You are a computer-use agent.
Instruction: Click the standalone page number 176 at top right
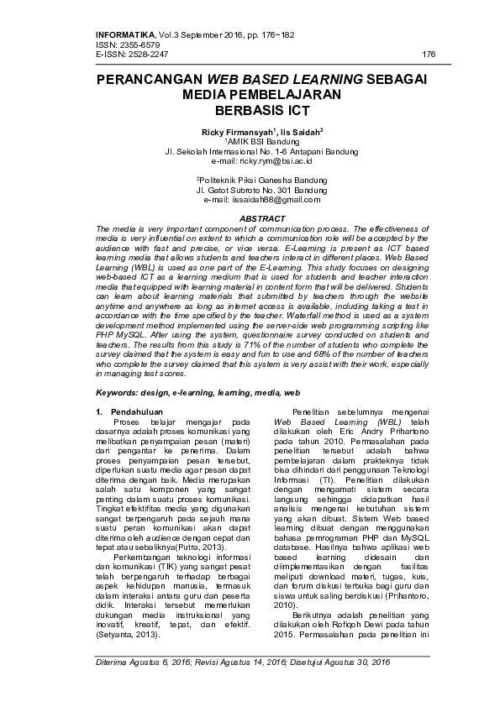(429, 54)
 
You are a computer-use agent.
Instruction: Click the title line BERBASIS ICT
(250, 110)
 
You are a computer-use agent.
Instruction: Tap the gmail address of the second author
(262, 200)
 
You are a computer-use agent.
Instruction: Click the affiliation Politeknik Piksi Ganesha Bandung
(250, 180)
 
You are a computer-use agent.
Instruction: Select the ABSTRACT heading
(250, 218)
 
